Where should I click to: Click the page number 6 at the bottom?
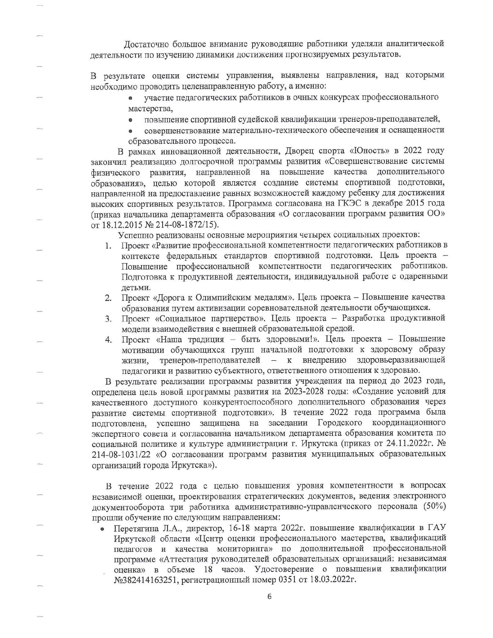pos(269,596)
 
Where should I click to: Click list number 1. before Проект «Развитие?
pos(109,246)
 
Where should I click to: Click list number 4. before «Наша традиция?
pos(109,340)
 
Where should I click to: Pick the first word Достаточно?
pos(146,44)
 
